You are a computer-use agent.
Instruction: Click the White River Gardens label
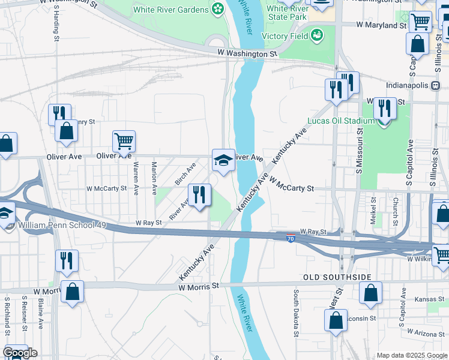click(x=170, y=9)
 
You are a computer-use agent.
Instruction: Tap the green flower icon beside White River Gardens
click(x=217, y=9)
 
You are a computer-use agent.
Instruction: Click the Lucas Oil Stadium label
click(x=340, y=121)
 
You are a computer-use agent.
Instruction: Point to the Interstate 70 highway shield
click(x=291, y=238)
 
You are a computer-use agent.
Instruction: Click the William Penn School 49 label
click(x=62, y=225)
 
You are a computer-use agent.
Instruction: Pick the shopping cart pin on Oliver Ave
click(x=124, y=142)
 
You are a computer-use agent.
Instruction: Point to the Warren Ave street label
click(x=136, y=178)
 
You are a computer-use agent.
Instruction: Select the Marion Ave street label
click(x=154, y=178)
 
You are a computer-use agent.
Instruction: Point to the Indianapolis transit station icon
click(x=435, y=85)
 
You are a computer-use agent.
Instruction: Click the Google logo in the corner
click(x=20, y=353)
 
